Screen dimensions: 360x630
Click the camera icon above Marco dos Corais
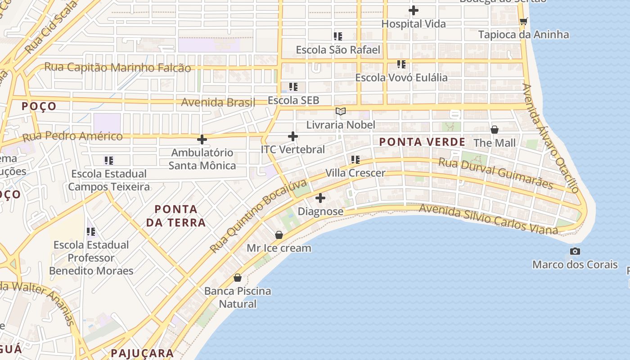pos(575,251)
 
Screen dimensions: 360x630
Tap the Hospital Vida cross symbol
pos(414,10)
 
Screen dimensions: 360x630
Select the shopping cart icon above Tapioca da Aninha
pos(523,21)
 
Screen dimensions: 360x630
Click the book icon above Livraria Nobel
pos(341,111)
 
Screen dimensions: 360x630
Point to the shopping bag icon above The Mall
pos(495,130)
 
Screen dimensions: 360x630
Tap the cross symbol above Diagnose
pos(320,198)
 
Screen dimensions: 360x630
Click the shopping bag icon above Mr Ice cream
pos(279,235)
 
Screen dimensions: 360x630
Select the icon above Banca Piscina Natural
pos(238,278)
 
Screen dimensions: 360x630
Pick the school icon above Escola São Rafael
pos(338,36)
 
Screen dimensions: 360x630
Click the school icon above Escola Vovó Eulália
pos(401,64)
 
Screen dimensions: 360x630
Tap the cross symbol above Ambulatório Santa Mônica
pos(202,139)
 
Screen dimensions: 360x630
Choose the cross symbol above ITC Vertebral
pos(293,136)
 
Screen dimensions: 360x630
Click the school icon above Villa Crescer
pos(355,160)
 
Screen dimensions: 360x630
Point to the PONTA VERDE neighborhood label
pos(422,142)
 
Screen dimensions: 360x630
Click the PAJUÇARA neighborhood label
pos(142,353)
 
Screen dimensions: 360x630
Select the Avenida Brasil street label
pos(218,102)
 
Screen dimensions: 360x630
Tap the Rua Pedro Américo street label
pos(72,136)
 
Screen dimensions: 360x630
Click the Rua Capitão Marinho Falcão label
pos(117,67)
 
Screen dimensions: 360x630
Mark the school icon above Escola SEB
pos(293,87)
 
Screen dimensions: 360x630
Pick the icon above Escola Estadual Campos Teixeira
pos(109,160)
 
